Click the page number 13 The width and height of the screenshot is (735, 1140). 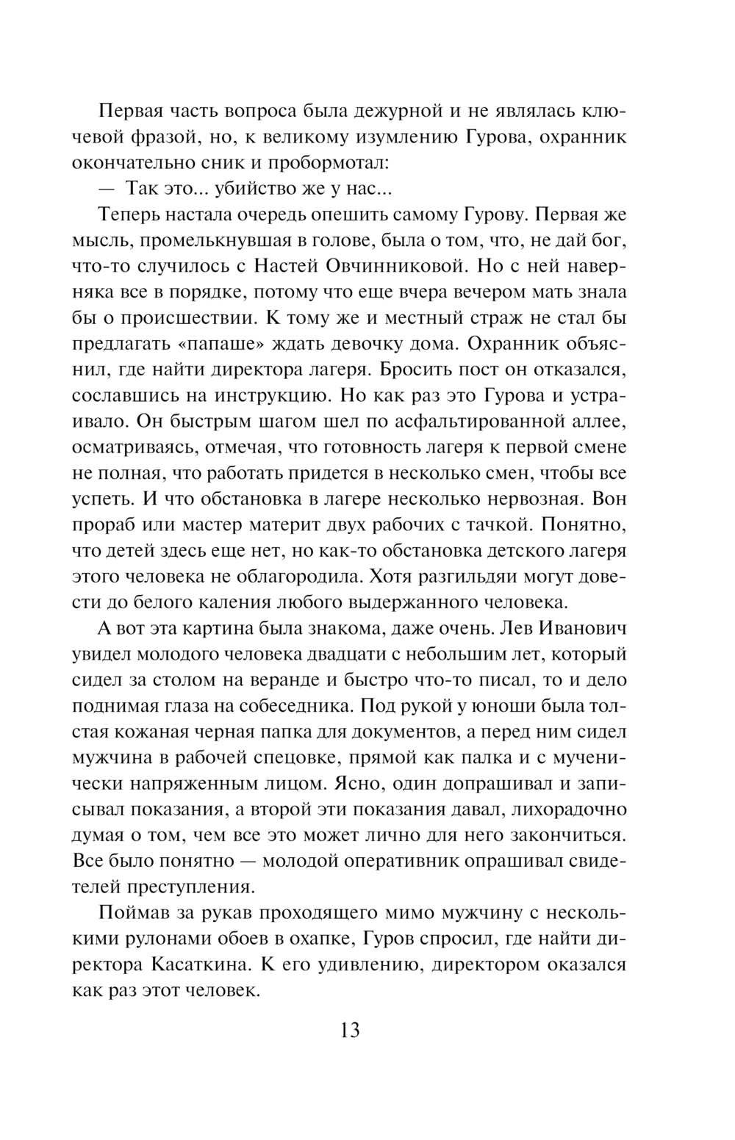(x=351, y=1030)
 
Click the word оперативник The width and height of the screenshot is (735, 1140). (x=401, y=861)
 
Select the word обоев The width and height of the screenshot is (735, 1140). (x=262, y=938)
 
